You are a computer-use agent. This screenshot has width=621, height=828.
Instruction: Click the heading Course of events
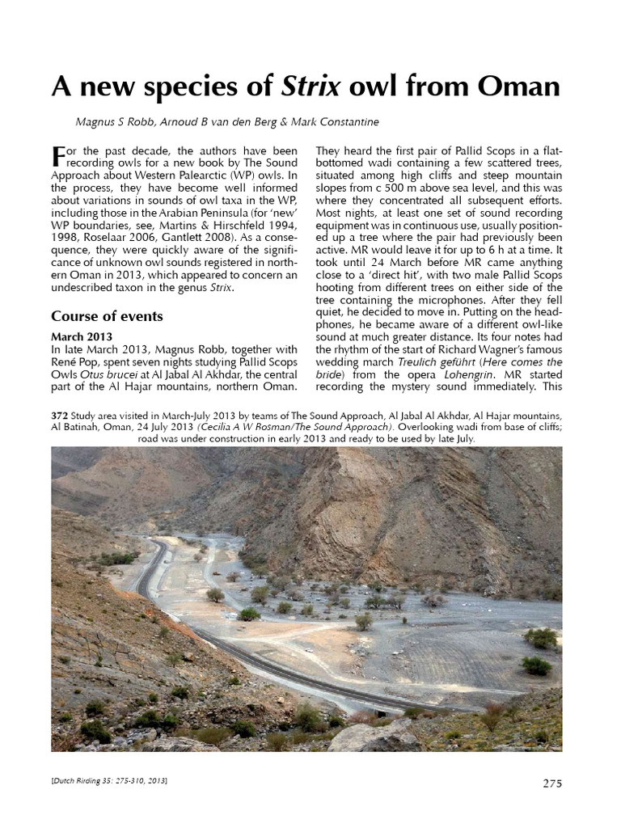click(107, 315)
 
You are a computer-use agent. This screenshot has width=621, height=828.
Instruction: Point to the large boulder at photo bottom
click(374, 737)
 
